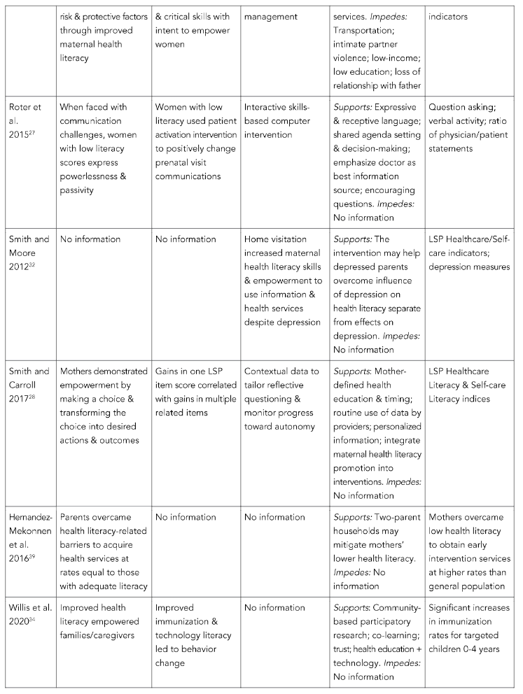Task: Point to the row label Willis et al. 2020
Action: pyautogui.click(x=27, y=614)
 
